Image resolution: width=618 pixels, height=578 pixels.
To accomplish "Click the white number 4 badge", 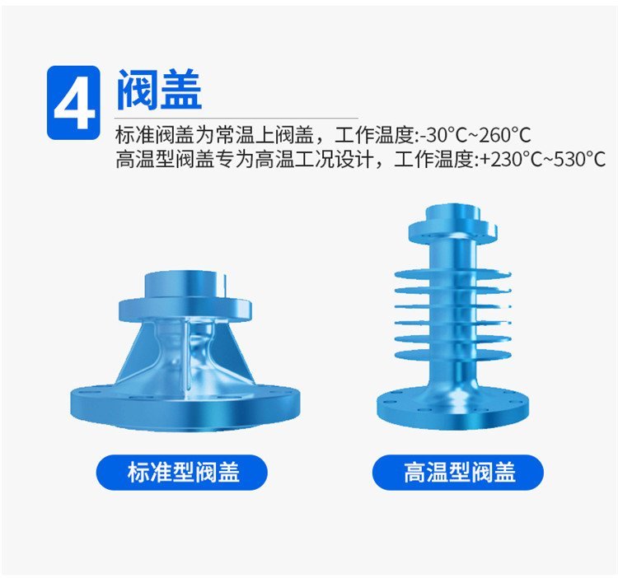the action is coord(73,103).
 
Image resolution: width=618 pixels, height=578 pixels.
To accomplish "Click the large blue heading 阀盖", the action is coord(160,90).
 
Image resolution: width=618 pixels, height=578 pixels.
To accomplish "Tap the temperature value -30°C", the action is coord(442,135).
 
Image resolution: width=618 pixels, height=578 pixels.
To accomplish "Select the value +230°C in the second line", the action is coord(509,160).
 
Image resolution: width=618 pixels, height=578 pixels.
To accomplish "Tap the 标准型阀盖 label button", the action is coord(182,472).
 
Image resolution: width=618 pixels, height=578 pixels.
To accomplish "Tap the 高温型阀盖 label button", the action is coord(458,472).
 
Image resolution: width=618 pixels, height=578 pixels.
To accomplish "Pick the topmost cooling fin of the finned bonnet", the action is coord(453,274).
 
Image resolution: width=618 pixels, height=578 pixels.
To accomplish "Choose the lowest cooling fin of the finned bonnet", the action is coord(453,355).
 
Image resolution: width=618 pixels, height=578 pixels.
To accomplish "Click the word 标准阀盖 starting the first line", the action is coord(155,135).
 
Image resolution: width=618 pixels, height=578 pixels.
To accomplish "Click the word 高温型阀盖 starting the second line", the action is coord(165,160).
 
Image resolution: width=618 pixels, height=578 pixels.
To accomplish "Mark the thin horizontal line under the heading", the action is coord(236,118).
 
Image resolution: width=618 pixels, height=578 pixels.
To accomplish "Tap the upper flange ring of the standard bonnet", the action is coord(185,310).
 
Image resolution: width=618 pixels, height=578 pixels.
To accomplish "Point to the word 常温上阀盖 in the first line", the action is coord(264,135).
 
